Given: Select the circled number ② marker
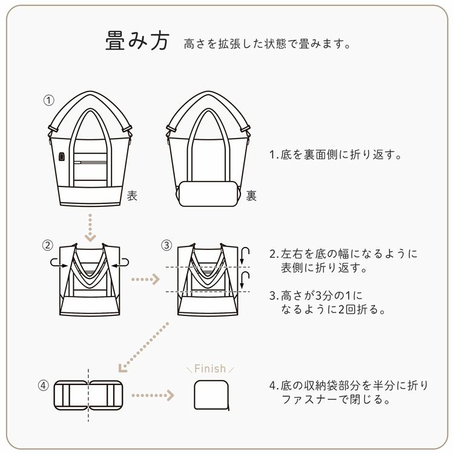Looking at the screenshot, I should [48, 245].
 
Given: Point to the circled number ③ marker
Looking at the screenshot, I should [167, 245].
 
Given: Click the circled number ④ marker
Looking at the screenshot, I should [43, 385].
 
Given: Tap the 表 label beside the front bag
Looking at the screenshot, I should [132, 196].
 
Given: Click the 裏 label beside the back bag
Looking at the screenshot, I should [251, 196].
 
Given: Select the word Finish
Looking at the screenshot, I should [209, 369].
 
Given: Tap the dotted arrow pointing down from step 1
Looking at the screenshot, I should [90, 226].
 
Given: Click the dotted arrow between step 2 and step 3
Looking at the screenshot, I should [145, 280].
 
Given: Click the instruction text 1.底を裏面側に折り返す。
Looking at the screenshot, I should [336, 155].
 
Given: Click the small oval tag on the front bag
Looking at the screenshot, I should [62, 156].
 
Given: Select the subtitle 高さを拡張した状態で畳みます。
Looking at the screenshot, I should [268, 45].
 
